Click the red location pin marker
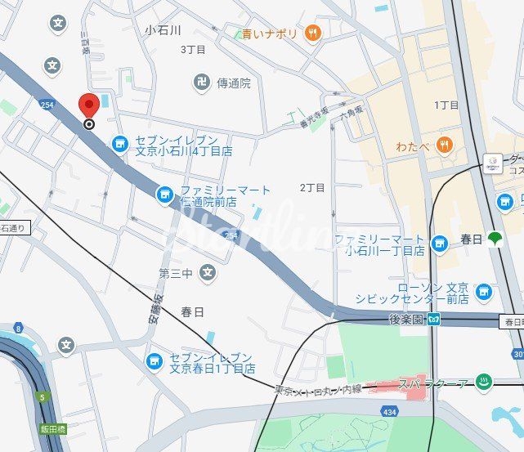[x=88, y=107]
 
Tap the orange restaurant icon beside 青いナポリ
[x=312, y=34]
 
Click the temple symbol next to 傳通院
[x=201, y=83]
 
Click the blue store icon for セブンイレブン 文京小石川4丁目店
[x=120, y=144]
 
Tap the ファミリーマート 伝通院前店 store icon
[x=165, y=195]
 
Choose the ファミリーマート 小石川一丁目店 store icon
[x=440, y=243]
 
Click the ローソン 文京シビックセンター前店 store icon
[x=484, y=291]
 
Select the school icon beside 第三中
[x=208, y=271]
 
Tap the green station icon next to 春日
[x=494, y=239]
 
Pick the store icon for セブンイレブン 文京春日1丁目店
[x=154, y=360]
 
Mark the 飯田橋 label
[x=52, y=428]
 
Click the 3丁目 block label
[x=193, y=49]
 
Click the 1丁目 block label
[x=446, y=105]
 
